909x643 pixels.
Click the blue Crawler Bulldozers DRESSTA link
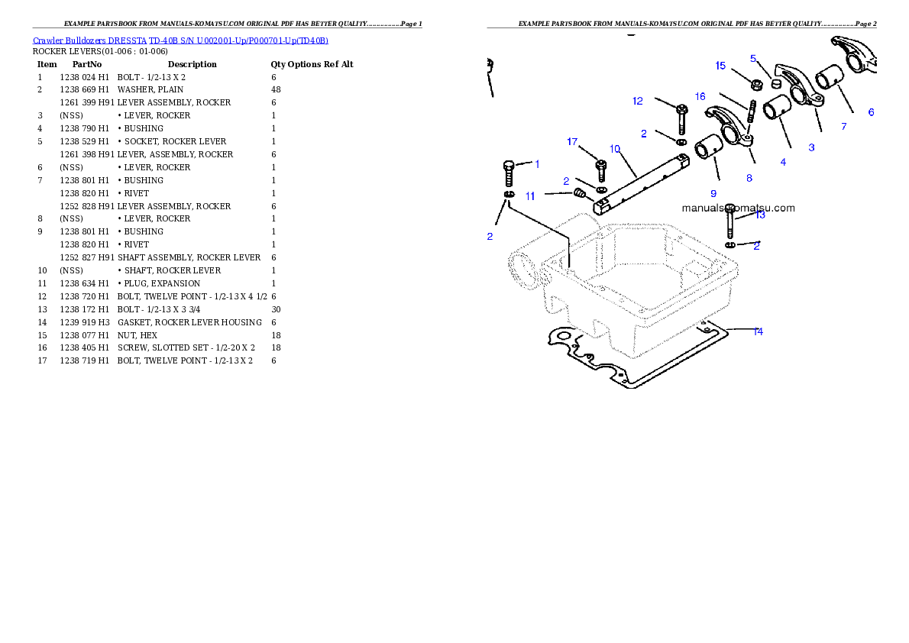(x=180, y=40)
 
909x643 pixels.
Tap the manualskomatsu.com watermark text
(x=738, y=208)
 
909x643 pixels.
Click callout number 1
(x=537, y=163)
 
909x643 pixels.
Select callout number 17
(x=572, y=141)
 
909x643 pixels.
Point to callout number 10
(x=615, y=148)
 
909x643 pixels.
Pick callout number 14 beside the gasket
(x=758, y=331)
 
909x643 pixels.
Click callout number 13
(x=759, y=215)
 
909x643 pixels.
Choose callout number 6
(x=871, y=112)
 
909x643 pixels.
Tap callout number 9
(x=713, y=193)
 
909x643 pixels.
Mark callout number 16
(x=700, y=96)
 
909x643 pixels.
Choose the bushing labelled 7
(x=827, y=79)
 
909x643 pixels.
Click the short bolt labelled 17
(x=600, y=169)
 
